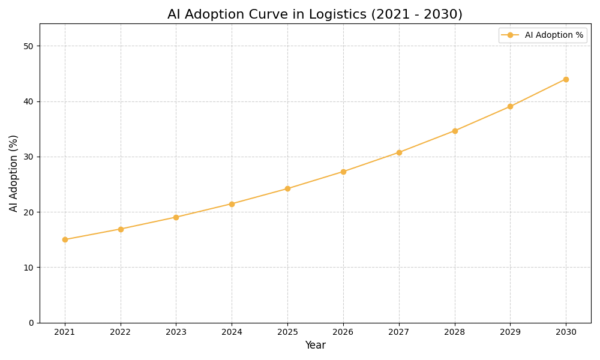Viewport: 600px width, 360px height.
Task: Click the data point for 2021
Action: [65, 239]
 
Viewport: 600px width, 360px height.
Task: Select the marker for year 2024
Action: [232, 204]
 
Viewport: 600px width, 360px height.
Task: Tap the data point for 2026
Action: [343, 172]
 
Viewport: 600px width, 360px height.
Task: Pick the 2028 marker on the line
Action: [455, 131]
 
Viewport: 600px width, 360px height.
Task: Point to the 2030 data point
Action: [566, 79]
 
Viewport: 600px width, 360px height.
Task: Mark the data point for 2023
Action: [176, 217]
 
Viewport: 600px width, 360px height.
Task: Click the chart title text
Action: [315, 14]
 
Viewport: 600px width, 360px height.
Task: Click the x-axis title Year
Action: [315, 346]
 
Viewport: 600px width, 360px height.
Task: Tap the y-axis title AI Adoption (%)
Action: [14, 173]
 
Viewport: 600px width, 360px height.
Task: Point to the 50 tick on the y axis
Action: [28, 46]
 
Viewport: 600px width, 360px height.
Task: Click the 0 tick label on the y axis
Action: [31, 323]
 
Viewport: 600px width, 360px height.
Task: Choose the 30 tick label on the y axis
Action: [28, 157]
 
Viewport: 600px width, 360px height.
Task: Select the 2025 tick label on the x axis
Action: [287, 332]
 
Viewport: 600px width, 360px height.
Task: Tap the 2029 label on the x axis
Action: [510, 332]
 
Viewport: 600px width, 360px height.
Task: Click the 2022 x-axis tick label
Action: [121, 332]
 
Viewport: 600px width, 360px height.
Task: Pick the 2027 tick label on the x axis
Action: [399, 332]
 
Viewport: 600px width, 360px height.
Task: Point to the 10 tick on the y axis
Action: [28, 268]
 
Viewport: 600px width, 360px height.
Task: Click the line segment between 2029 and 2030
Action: [538, 93]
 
